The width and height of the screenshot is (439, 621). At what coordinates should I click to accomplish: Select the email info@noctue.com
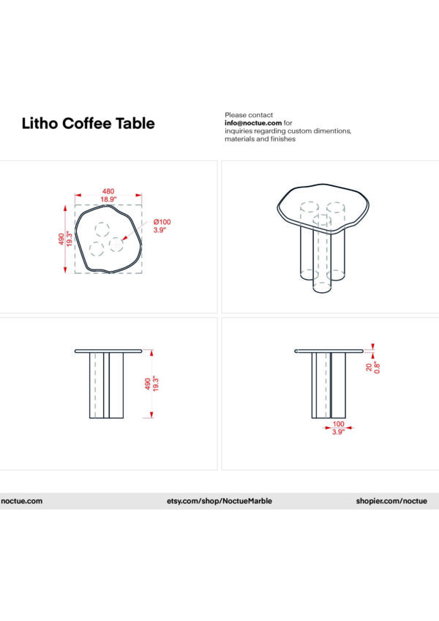tap(253, 123)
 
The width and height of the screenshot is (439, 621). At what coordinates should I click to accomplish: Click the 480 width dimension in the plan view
tap(108, 190)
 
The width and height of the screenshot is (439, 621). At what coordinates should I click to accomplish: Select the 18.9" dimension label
tap(108, 199)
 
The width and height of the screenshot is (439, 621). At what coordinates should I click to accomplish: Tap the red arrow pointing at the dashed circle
tap(127, 237)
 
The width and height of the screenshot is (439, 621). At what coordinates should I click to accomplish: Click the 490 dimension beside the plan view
tap(62, 239)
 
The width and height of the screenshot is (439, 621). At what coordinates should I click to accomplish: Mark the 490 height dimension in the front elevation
tap(148, 384)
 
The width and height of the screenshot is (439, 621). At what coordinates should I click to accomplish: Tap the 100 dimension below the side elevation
tap(337, 423)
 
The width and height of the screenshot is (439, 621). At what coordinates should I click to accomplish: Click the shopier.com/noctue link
tap(391, 501)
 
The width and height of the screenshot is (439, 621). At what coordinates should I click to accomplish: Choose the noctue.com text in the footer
tap(21, 501)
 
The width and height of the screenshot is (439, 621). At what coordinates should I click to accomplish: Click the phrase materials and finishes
tap(260, 139)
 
